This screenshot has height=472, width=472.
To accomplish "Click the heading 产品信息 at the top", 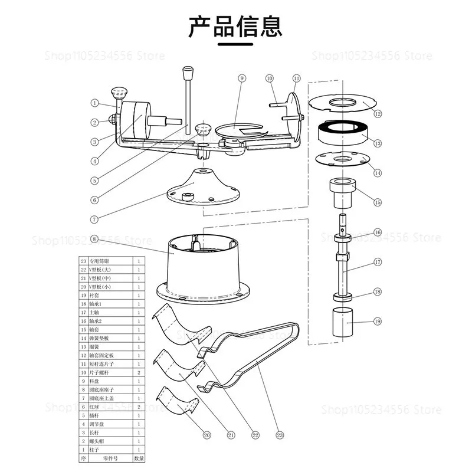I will (x=235, y=27).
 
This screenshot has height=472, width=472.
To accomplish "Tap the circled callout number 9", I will (x=241, y=77).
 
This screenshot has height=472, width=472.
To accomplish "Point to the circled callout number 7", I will (x=94, y=218).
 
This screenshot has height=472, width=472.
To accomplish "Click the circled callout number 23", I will (x=280, y=435).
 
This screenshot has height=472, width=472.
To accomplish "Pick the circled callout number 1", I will (x=94, y=103).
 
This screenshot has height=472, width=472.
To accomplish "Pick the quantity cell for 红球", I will (x=139, y=407).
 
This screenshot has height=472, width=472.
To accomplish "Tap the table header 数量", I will (x=139, y=457).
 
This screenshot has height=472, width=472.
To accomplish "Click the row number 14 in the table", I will (x=84, y=338).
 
